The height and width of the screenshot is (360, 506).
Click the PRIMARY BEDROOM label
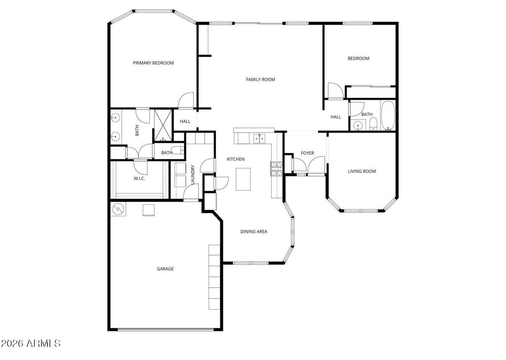(x=153, y=63)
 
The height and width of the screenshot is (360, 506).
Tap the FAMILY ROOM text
(x=260, y=80)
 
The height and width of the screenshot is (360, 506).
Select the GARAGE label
(x=165, y=269)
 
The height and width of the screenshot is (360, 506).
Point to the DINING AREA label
(x=254, y=232)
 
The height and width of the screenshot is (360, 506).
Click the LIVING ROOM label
(x=362, y=171)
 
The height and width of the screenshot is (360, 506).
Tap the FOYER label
(x=307, y=153)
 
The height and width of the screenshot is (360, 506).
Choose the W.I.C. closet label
(x=139, y=179)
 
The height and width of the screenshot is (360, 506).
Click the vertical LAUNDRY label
(x=193, y=175)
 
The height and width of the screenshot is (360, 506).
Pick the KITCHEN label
(x=236, y=159)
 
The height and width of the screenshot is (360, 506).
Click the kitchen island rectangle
(x=243, y=179)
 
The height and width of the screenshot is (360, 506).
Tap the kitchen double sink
(x=259, y=138)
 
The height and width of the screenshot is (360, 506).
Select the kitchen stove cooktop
(x=276, y=169)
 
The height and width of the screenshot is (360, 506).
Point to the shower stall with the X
(x=162, y=125)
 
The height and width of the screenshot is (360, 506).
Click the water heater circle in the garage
(x=119, y=209)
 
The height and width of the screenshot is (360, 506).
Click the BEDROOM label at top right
(x=358, y=58)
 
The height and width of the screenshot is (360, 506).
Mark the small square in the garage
(x=149, y=210)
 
